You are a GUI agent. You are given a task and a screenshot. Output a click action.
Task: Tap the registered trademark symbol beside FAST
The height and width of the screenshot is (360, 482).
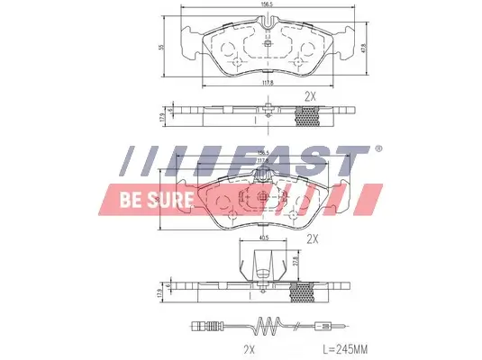click(378, 149)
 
